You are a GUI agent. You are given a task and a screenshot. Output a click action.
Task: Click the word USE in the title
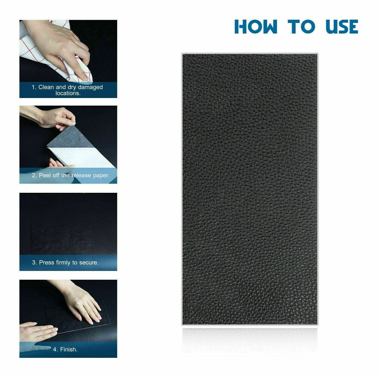pyautogui.click(x=342, y=27)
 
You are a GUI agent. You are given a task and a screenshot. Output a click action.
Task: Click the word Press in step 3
pyautogui.click(x=47, y=263)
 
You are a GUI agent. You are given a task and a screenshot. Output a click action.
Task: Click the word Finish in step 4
pyautogui.click(x=69, y=349)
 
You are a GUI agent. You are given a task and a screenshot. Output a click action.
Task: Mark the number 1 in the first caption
pyautogui.click(x=33, y=87)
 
